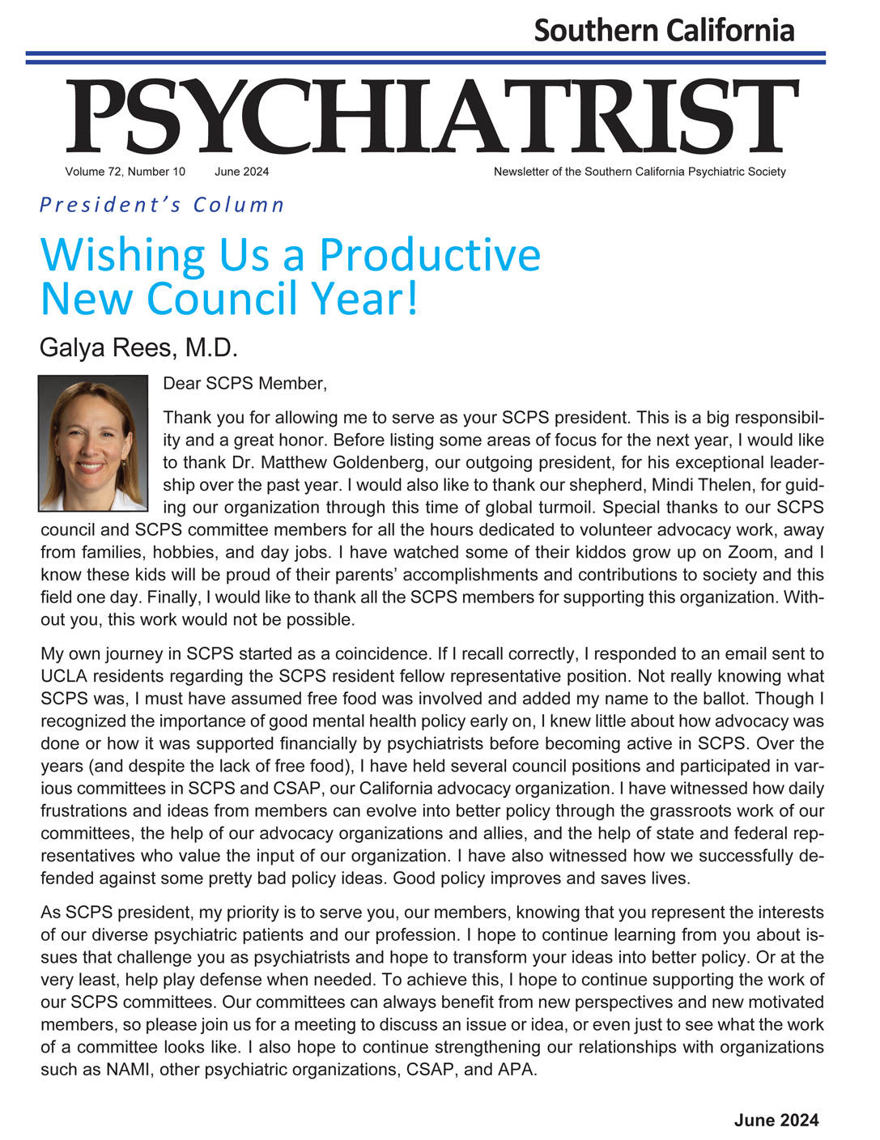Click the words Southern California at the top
(x=664, y=31)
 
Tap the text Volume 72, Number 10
(x=125, y=172)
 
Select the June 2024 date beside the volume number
(x=242, y=172)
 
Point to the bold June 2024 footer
(x=776, y=1120)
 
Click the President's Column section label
(x=162, y=205)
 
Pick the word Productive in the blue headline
(x=430, y=254)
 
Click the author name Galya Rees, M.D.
(x=138, y=348)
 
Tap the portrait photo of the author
(x=93, y=443)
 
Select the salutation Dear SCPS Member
(x=244, y=384)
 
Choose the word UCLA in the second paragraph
(x=62, y=676)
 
